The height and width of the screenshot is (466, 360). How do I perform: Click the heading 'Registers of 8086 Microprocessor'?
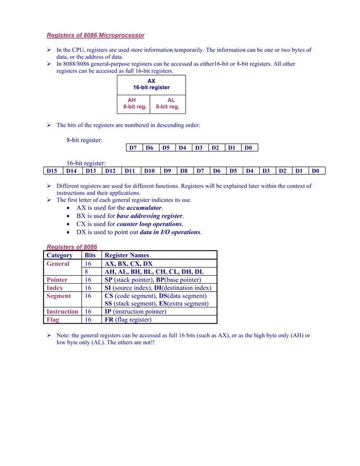pyautogui.click(x=95, y=36)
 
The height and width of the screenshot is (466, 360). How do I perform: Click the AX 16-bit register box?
pyautogui.click(x=151, y=85)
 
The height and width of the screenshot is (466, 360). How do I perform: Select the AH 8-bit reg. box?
pyautogui.click(x=134, y=103)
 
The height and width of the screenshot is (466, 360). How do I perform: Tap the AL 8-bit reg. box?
pyautogui.click(x=168, y=103)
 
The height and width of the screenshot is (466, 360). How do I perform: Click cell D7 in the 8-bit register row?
pyautogui.click(x=133, y=148)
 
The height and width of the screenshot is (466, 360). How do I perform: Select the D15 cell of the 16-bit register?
pyautogui.click(x=52, y=170)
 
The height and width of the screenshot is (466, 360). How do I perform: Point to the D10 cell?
pyautogui.click(x=149, y=170)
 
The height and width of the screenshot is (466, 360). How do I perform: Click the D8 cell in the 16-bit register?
pyautogui.click(x=183, y=170)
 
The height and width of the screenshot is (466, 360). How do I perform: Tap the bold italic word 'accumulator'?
pyautogui.click(x=144, y=208)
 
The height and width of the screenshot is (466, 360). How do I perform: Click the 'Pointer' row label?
pyautogui.click(x=58, y=279)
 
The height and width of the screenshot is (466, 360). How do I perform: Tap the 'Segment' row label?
pyautogui.click(x=59, y=296)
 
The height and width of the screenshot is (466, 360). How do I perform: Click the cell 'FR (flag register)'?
pyautogui.click(x=128, y=319)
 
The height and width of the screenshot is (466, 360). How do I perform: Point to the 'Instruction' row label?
pyautogui.click(x=62, y=311)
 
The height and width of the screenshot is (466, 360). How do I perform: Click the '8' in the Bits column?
pyautogui.click(x=87, y=271)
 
